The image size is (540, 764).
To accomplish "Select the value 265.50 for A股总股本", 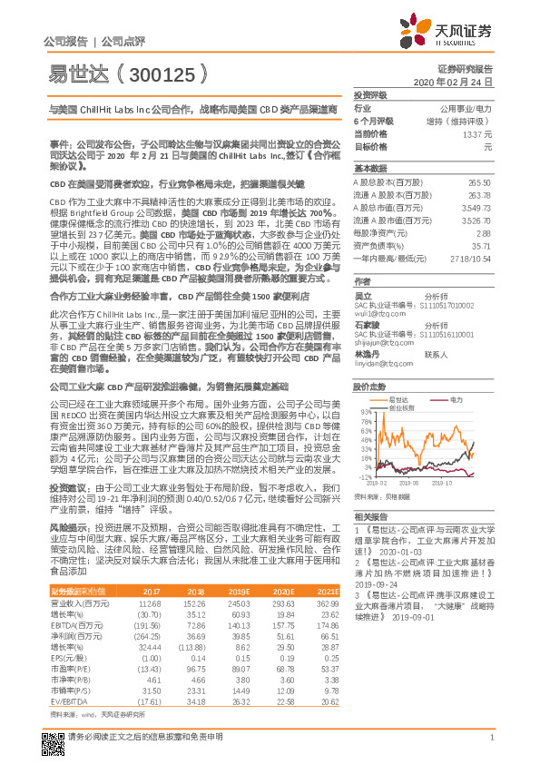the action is (481, 183).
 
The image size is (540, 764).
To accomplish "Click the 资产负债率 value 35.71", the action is (483, 245).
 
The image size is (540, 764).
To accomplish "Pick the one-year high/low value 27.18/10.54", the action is (471, 258).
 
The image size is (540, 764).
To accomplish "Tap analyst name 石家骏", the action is (367, 325).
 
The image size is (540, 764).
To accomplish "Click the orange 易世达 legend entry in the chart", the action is (404, 373).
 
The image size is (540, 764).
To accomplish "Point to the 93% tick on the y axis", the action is (365, 387).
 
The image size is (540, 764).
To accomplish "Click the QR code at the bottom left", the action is (52, 733).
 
